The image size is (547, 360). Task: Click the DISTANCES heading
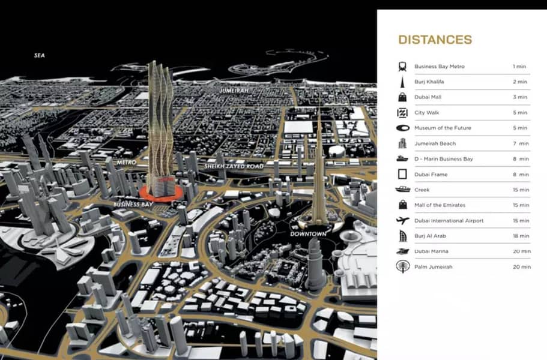[x=435, y=40]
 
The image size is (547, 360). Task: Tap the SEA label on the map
[x=40, y=55]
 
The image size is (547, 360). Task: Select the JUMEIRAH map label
[x=234, y=91]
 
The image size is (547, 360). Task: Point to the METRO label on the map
[x=126, y=163]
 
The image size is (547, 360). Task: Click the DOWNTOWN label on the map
[x=308, y=233]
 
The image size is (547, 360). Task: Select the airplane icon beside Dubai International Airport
[x=402, y=221]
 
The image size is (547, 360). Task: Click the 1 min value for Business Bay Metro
[x=519, y=66]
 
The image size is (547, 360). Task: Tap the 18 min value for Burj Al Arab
[x=521, y=236]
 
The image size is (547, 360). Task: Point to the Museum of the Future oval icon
[x=402, y=128]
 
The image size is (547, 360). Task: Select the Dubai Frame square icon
[x=402, y=175]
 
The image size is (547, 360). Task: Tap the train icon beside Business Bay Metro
[x=402, y=66]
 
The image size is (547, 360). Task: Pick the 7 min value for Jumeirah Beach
[x=521, y=143]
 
